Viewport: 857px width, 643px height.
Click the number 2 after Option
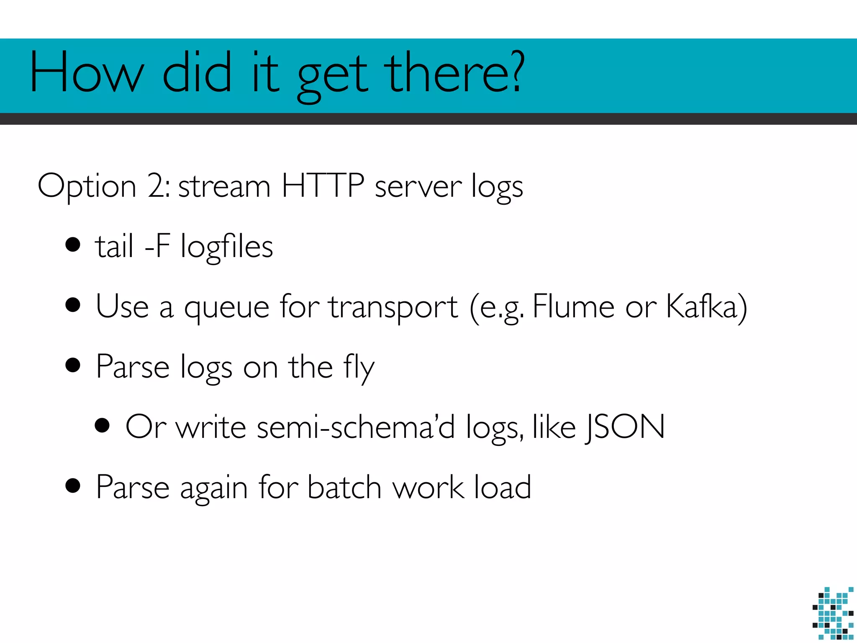coord(157,186)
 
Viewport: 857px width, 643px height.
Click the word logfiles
coord(226,247)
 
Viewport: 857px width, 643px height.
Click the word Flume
coord(573,306)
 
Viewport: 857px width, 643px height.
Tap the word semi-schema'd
coord(356,427)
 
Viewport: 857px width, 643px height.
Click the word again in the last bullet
coord(214,489)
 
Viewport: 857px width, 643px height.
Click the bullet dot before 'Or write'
coord(102,426)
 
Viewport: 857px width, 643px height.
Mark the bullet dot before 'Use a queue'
coord(73,305)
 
